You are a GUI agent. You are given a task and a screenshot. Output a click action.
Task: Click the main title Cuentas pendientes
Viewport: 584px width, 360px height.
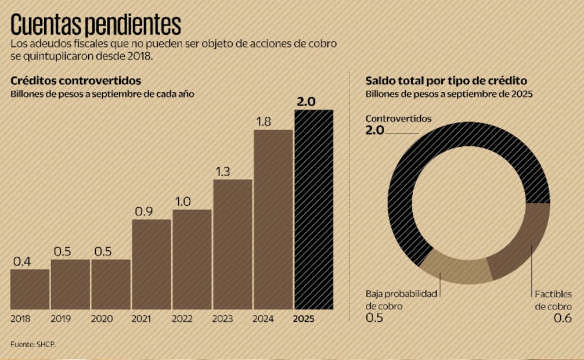(96, 25)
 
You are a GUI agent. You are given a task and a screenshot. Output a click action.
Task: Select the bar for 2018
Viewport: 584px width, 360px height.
(30, 289)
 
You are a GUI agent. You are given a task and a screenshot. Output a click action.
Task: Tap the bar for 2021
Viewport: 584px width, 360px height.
(151, 264)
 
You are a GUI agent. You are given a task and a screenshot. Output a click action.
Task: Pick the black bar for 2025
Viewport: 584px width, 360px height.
(313, 209)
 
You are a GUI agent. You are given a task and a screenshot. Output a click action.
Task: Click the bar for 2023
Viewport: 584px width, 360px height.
(232, 244)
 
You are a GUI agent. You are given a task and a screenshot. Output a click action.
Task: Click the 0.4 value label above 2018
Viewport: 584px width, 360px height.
(22, 261)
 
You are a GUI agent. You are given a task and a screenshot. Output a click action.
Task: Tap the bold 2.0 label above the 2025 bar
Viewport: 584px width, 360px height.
(306, 102)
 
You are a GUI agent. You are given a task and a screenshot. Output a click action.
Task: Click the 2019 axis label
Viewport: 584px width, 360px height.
(61, 319)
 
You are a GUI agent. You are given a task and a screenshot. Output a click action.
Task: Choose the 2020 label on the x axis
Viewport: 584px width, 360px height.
(102, 319)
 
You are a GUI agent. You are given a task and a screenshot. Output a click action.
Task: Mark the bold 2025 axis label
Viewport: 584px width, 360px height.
(304, 319)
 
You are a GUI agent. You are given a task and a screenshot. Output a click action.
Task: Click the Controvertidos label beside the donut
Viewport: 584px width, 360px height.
(398, 118)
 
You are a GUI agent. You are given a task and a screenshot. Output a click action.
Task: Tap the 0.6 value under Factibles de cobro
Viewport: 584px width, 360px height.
(563, 318)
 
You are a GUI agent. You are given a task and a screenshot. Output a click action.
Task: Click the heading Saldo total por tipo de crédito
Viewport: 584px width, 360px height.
(446, 81)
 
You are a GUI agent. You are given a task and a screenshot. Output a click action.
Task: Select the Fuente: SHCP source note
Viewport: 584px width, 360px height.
(33, 344)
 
